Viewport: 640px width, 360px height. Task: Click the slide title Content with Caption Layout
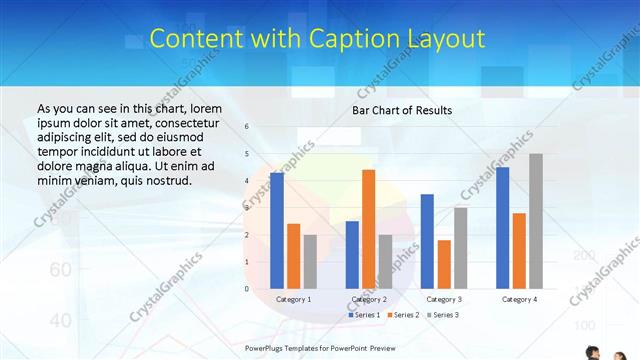click(318, 39)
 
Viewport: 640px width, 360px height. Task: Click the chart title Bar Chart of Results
click(402, 110)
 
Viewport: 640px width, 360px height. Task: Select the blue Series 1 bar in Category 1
click(277, 230)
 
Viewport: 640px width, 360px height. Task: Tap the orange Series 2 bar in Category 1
click(293, 256)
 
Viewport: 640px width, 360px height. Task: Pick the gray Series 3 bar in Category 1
click(310, 261)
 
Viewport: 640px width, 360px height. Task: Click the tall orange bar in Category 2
click(368, 229)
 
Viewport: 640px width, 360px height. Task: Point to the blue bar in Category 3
click(427, 241)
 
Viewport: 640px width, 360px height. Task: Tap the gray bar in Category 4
click(536, 221)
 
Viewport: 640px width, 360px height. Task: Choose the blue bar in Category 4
click(502, 227)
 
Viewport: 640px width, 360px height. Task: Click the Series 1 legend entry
click(364, 315)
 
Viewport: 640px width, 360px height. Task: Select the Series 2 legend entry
click(402, 315)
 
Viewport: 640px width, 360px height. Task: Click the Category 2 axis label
click(369, 299)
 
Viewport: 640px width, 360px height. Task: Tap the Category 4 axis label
click(519, 299)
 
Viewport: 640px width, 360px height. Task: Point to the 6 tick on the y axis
click(246, 127)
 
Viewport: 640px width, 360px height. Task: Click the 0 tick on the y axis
click(246, 289)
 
